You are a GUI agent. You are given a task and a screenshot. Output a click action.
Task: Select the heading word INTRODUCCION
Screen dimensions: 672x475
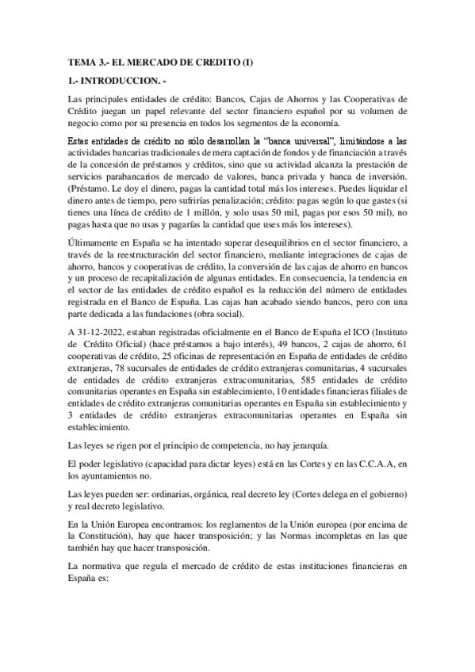[x=127, y=82]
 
